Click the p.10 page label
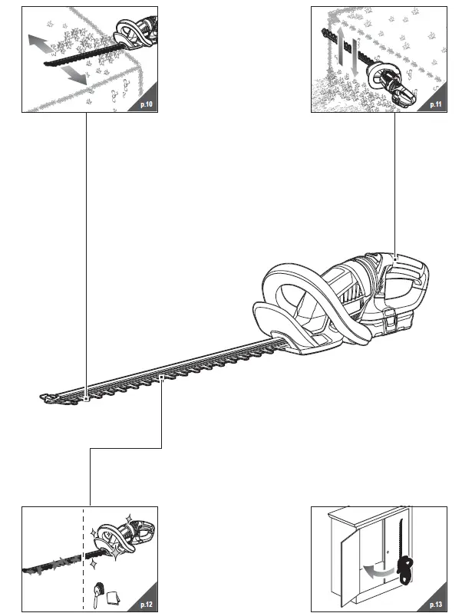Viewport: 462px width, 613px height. point(147,104)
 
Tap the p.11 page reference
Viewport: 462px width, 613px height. point(435,104)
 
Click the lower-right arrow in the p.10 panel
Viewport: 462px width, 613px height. point(74,75)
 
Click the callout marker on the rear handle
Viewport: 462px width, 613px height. point(394,259)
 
